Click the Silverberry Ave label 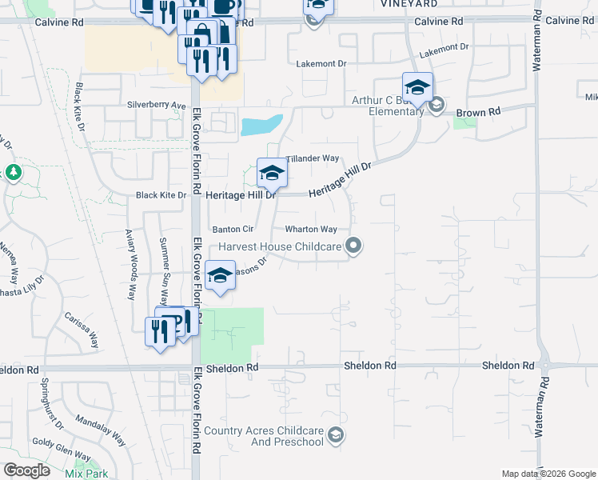pyautogui.click(x=156, y=105)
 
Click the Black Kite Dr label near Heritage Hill pyautogui.click(x=161, y=194)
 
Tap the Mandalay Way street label pyautogui.click(x=101, y=430)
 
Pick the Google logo pyautogui.click(x=26, y=470)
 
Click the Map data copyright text pyautogui.click(x=548, y=474)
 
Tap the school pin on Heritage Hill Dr pyautogui.click(x=272, y=173)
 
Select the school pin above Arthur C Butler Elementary pyautogui.click(x=417, y=87)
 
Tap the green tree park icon pyautogui.click(x=13, y=172)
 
